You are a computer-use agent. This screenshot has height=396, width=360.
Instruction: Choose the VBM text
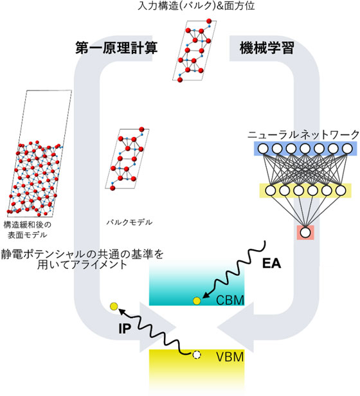[x=229, y=357]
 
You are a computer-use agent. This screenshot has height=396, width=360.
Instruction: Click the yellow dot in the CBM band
[x=197, y=300]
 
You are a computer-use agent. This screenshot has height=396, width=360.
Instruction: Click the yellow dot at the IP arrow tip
[x=114, y=306]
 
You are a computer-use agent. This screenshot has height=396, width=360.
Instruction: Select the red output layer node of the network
[x=304, y=231]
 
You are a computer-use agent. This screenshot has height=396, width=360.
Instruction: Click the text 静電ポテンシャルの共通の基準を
[x=82, y=254]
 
